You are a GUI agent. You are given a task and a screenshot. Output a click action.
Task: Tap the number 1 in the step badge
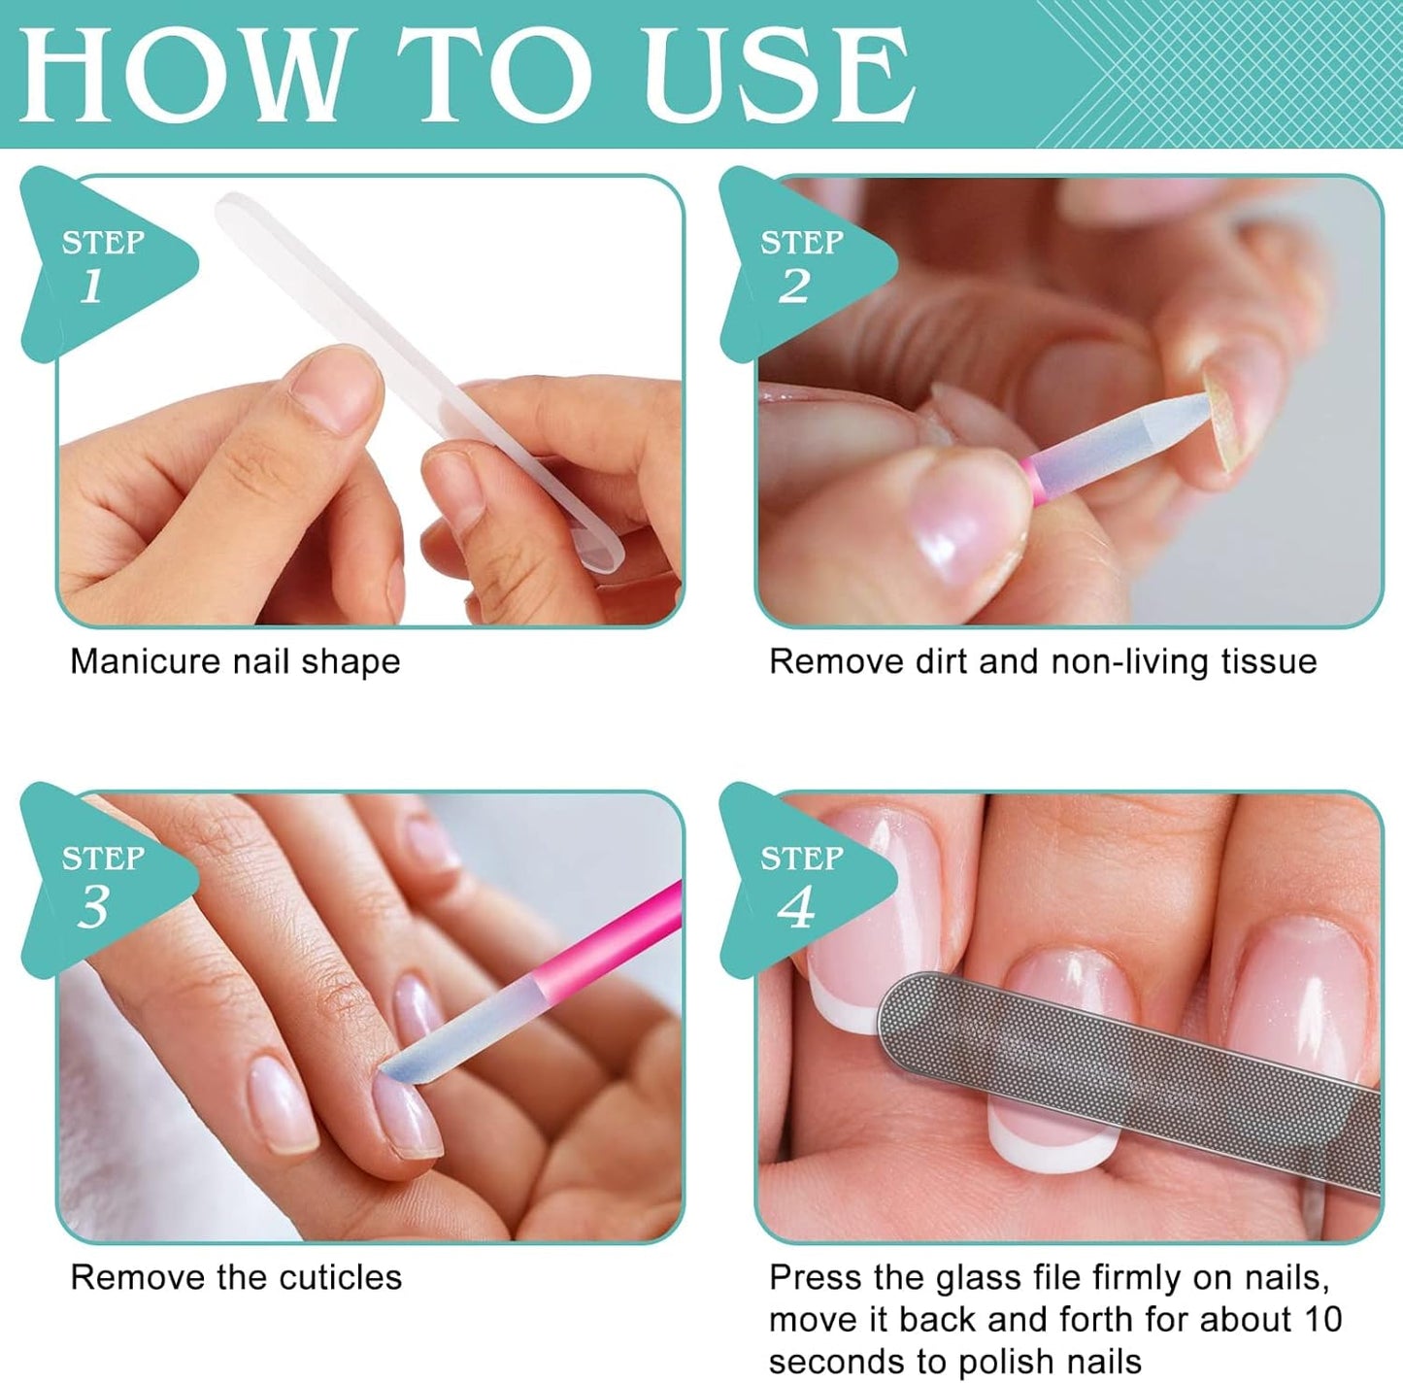(x=91, y=287)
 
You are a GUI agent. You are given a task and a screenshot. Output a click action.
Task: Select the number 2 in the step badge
(x=793, y=287)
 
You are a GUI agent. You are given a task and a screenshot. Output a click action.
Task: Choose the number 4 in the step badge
(x=795, y=907)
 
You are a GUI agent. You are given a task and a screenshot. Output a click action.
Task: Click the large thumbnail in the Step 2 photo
(x=961, y=524)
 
